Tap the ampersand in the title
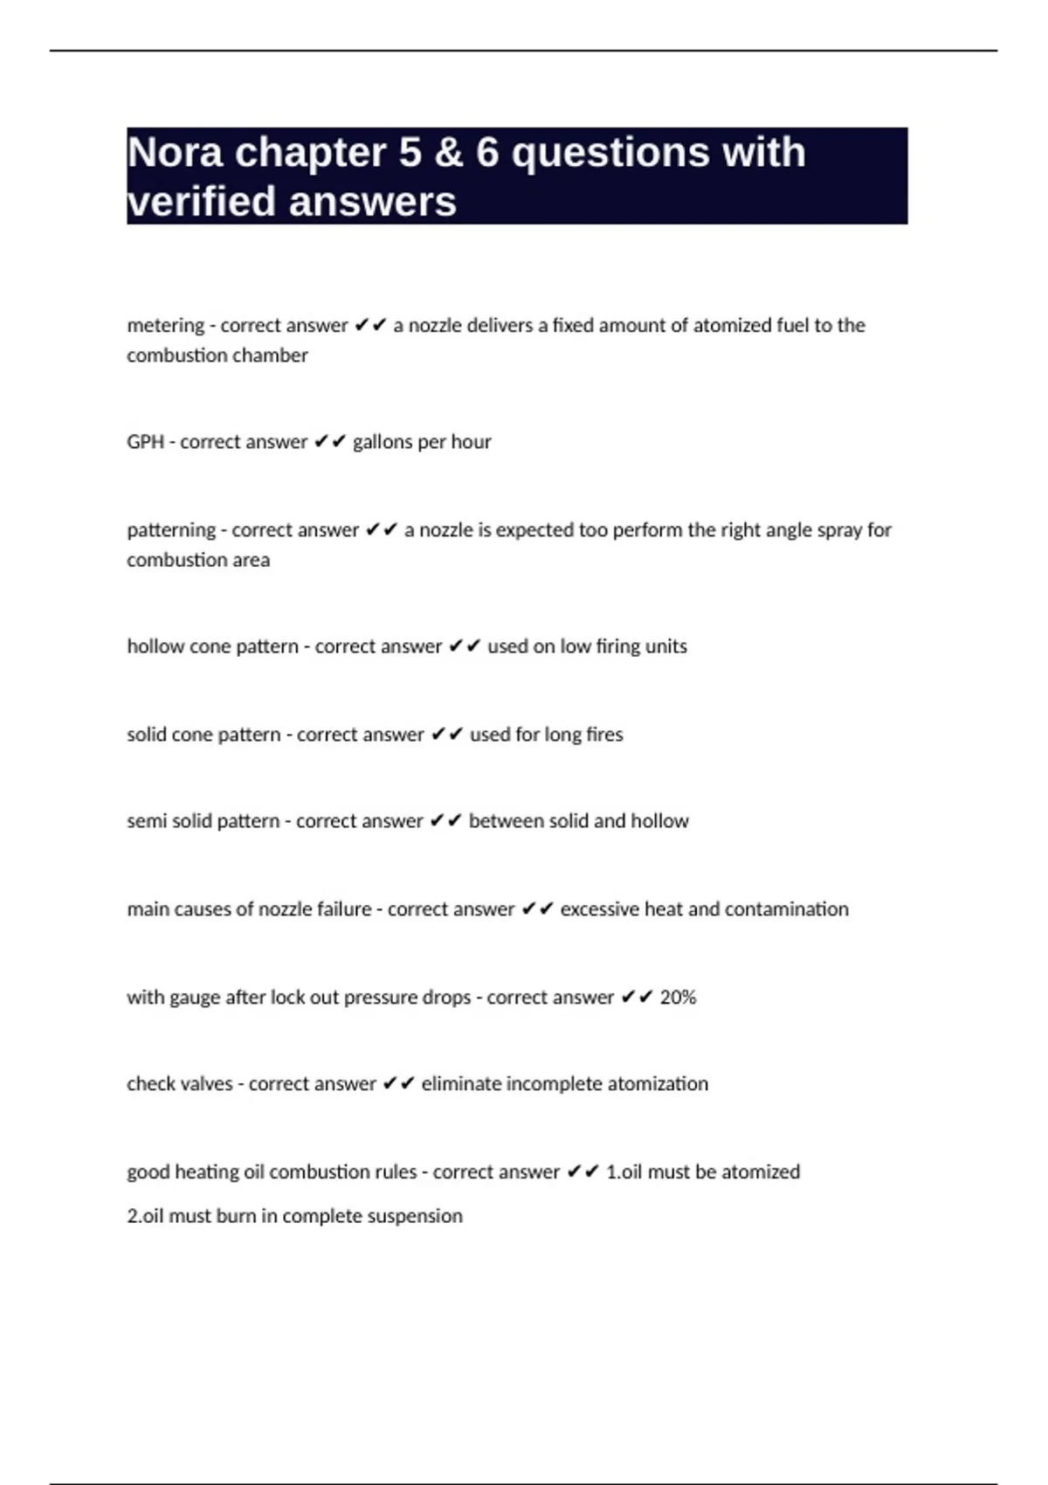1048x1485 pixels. click(x=448, y=153)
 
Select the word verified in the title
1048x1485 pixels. click(x=202, y=202)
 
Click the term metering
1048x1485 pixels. click(x=165, y=326)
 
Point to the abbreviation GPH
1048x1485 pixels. click(x=145, y=442)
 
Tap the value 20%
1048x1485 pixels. click(x=678, y=998)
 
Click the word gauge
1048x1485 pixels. click(x=194, y=998)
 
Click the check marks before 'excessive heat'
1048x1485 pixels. click(x=537, y=909)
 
